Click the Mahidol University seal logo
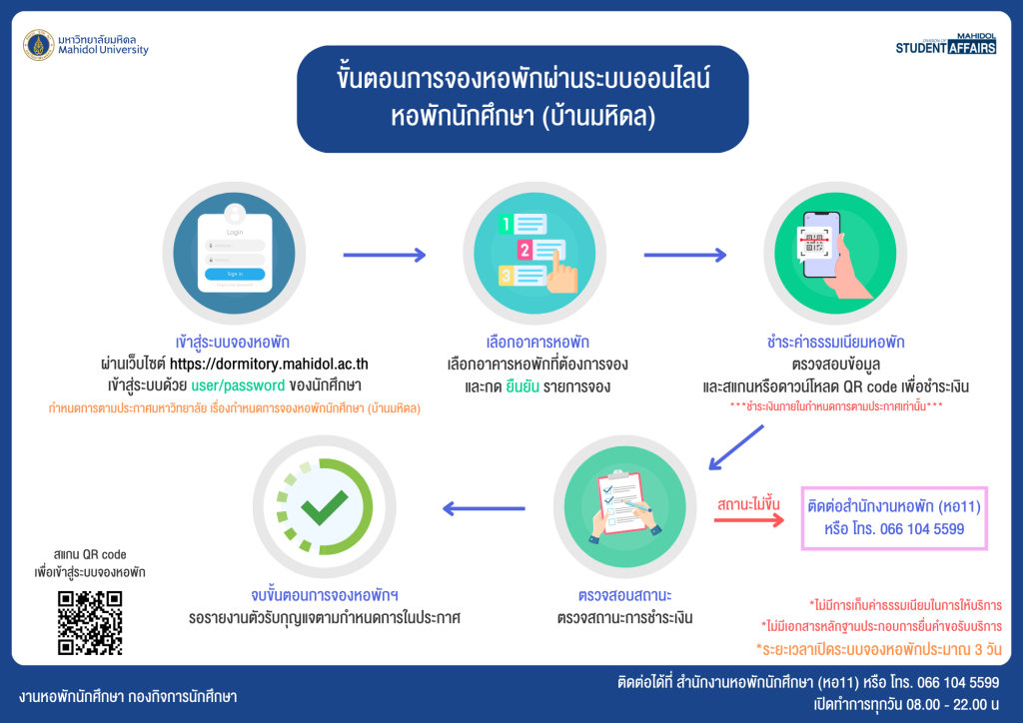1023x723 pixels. (39, 45)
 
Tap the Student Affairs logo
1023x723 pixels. (945, 44)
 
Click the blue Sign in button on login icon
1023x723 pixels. (235, 274)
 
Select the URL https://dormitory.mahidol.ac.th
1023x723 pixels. (269, 363)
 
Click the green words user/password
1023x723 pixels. (238, 385)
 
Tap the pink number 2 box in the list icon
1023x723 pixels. (524, 250)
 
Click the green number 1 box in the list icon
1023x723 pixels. (506, 225)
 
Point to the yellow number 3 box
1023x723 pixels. (506, 275)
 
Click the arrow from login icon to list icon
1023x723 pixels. (385, 255)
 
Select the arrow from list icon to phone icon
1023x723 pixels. (685, 255)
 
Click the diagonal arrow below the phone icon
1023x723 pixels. (736, 447)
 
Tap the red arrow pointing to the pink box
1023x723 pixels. (749, 520)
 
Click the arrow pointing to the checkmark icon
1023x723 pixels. (484, 508)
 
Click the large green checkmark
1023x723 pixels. (325, 507)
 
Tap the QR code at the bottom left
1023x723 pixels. (90, 622)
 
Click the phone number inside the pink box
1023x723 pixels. (922, 528)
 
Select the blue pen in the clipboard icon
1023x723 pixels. (636, 504)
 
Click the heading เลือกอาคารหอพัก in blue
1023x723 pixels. (537, 342)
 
